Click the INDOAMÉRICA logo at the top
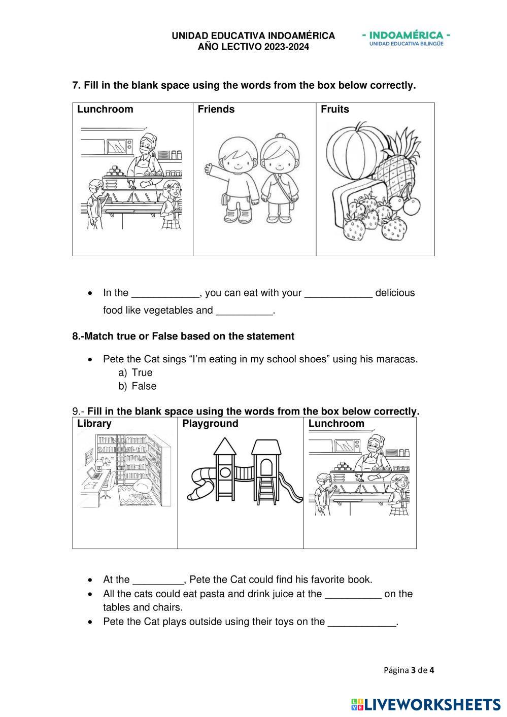point(407,39)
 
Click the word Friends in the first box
point(216,109)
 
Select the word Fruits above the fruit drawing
point(335,109)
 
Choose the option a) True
point(142,372)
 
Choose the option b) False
point(144,386)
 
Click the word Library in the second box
point(94,424)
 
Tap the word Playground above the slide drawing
point(210,424)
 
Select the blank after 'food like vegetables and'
point(244,311)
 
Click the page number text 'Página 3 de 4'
point(409,670)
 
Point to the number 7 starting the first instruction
point(75,85)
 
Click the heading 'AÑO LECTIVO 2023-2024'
point(253,47)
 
